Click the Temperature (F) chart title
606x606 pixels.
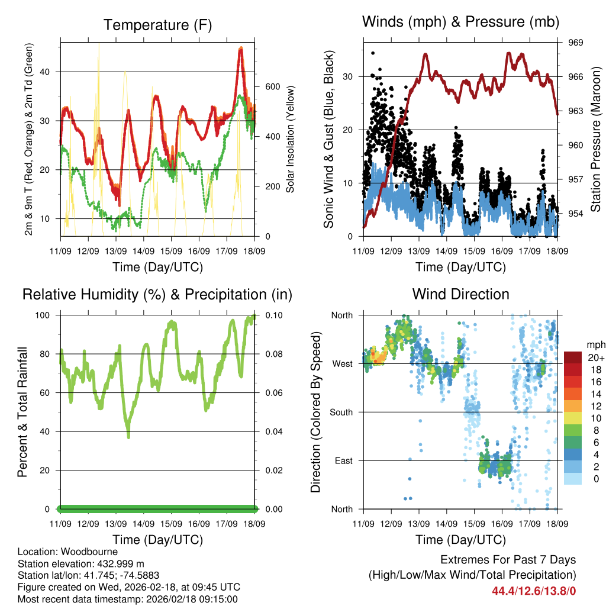(x=157, y=25)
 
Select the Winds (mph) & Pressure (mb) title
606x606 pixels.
(x=460, y=22)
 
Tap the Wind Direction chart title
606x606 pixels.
(x=460, y=294)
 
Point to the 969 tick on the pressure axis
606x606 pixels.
(x=576, y=43)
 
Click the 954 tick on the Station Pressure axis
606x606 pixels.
(x=576, y=213)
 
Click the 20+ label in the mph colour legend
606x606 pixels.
(x=595, y=358)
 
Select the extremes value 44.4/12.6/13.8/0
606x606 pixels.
(x=534, y=591)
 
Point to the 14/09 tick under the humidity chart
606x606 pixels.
(x=143, y=524)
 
